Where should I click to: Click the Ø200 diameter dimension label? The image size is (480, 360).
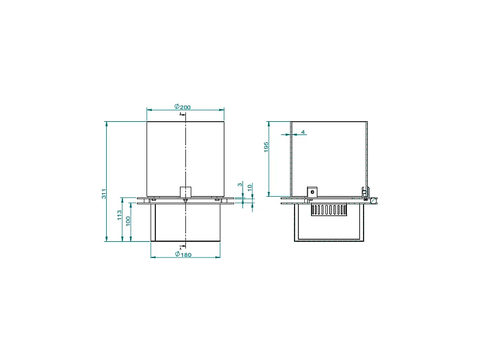click(x=182, y=107)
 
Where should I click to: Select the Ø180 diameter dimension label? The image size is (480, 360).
click(x=183, y=254)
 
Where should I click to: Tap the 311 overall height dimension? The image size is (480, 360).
click(x=104, y=193)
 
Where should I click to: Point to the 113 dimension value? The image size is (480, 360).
click(x=119, y=215)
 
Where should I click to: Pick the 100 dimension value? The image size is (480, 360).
click(x=128, y=221)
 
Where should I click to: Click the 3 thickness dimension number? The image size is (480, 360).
click(x=240, y=184)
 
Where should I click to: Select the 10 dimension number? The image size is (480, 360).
click(x=250, y=187)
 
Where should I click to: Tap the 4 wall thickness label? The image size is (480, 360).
click(x=303, y=132)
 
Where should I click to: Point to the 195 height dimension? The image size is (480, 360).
click(x=266, y=146)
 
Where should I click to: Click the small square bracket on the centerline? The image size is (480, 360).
click(x=185, y=191)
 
